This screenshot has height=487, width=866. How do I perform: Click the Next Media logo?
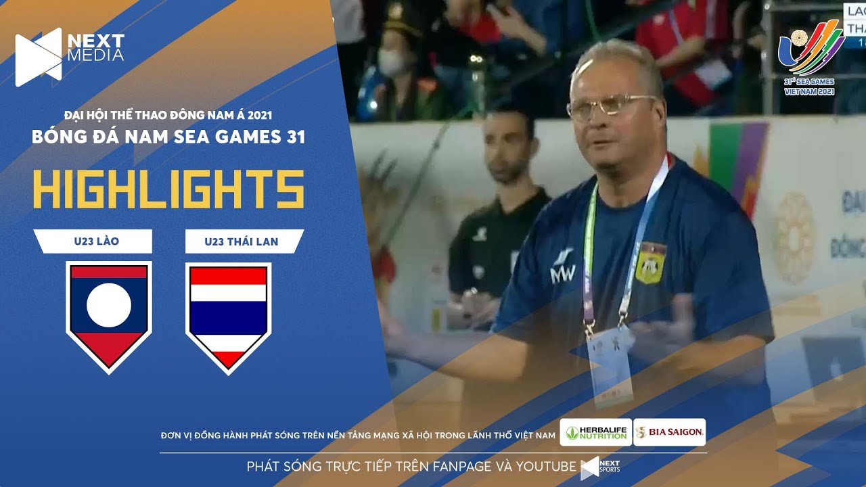point(69,56)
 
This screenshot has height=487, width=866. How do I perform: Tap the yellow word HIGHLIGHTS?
point(168,189)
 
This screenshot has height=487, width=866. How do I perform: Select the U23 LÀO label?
point(93,241)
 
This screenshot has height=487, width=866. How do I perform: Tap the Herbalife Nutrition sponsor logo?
point(595,432)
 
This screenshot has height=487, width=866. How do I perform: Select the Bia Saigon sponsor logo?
point(670,432)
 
